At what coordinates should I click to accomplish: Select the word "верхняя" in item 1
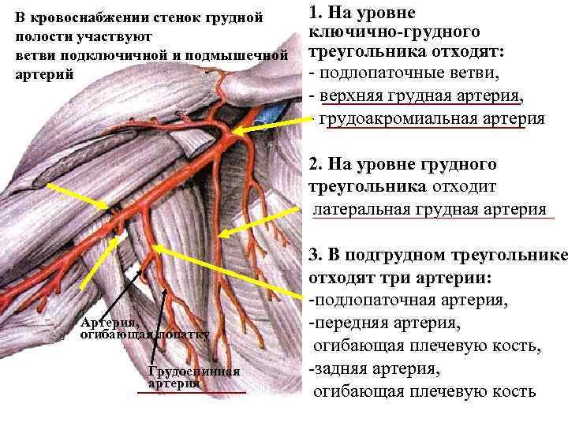[349, 95]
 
